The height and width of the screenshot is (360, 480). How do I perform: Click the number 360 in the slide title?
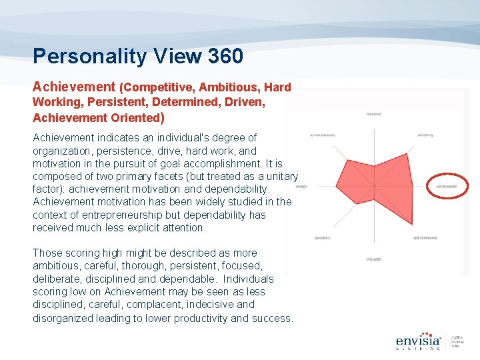225,56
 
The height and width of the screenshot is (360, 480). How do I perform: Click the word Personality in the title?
83,56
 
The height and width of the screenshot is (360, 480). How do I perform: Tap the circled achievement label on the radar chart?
447,187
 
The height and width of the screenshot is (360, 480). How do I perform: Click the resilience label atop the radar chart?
374,114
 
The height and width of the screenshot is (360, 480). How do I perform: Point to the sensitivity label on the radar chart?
425,135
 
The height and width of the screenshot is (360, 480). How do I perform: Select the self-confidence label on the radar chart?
425,238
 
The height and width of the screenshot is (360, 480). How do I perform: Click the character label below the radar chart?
374,259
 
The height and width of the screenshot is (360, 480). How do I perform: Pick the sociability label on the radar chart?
323,238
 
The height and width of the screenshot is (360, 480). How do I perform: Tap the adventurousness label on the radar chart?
322,135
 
